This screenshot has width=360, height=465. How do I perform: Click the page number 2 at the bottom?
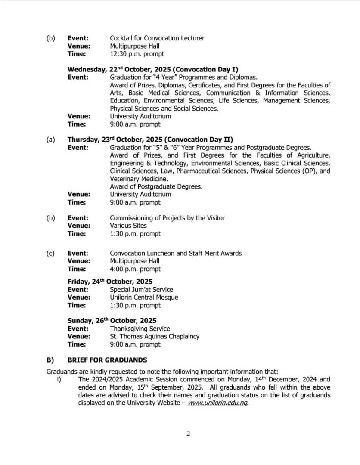(188, 433)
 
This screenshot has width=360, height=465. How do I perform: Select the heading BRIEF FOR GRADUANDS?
(107, 360)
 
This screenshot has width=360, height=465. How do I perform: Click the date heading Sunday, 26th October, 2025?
(112, 321)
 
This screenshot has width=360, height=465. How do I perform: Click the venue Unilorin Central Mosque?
(144, 297)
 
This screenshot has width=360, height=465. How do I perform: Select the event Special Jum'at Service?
(141, 289)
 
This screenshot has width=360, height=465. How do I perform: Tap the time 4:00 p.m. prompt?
(135, 269)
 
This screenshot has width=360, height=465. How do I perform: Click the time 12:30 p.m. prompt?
(137, 54)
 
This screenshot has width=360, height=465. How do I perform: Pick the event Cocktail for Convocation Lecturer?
(157, 38)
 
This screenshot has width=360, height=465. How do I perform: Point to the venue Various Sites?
(128, 226)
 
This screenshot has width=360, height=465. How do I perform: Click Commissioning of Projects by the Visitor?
(167, 218)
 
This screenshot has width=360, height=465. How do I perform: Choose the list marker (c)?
(50, 253)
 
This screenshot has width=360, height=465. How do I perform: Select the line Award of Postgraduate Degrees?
(156, 186)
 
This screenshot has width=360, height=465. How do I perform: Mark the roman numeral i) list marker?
(59, 380)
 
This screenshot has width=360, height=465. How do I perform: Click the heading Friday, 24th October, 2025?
(110, 282)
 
